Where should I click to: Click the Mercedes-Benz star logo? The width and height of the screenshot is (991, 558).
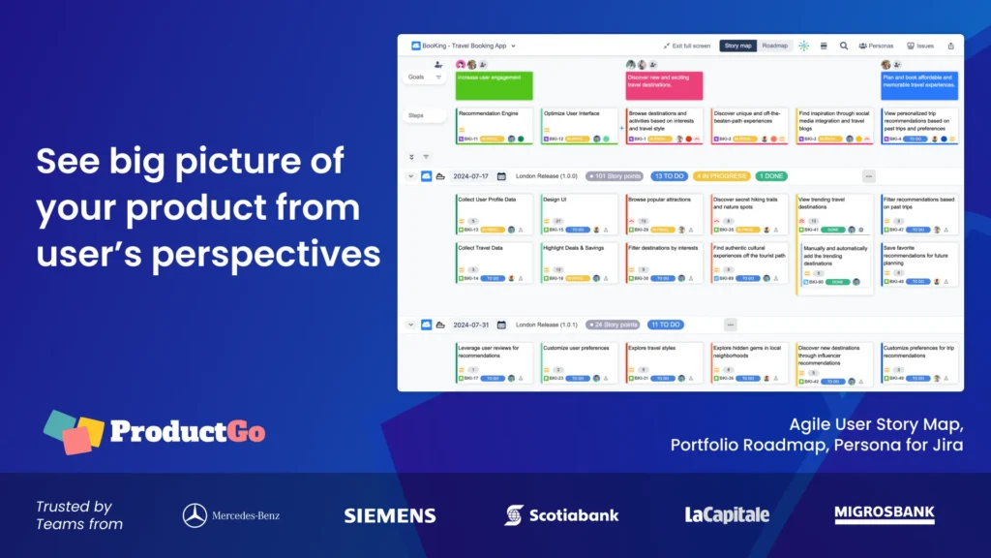point(195,515)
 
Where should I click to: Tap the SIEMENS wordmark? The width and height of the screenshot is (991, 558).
point(390,515)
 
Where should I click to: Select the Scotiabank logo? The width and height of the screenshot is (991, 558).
point(561,515)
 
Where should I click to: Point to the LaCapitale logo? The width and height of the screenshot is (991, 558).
point(727,515)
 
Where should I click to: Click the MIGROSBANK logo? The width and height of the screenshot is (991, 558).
point(885,514)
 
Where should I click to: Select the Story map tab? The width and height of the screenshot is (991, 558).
point(738,46)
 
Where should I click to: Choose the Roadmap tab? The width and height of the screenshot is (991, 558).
point(775,46)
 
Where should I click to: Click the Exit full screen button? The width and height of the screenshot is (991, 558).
point(687,46)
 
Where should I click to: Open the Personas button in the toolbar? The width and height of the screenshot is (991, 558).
point(876,46)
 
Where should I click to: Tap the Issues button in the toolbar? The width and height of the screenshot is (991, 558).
point(920,46)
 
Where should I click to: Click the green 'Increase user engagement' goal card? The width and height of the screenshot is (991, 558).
point(495,85)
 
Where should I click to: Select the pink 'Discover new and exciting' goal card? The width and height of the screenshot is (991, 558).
point(664,85)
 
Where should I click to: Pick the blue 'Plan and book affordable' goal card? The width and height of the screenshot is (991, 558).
point(918,85)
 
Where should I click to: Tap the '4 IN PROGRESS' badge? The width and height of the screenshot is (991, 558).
point(721,176)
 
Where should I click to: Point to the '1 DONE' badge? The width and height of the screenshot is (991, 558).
point(771,176)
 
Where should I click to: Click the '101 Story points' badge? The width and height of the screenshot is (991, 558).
point(615,176)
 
